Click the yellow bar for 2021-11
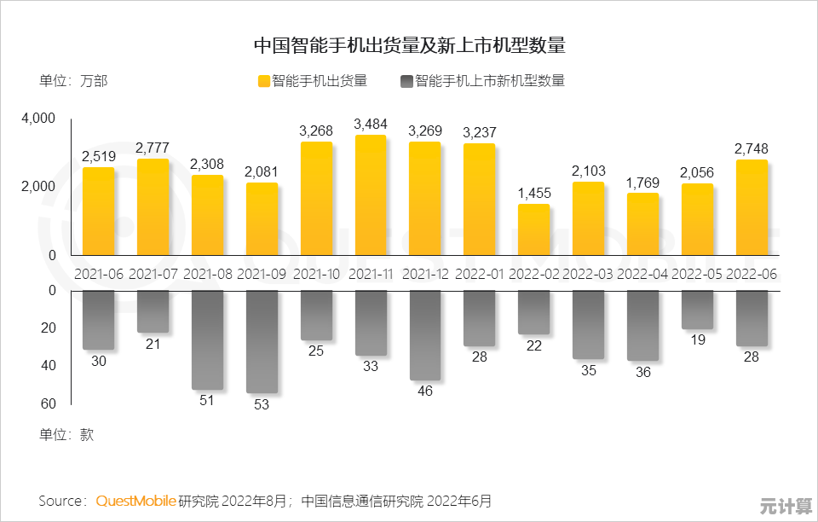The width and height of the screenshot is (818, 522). [370, 195]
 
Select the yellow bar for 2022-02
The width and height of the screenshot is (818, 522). [533, 229]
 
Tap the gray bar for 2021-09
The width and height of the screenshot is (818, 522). [262, 341]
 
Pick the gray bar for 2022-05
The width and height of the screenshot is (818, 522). [697, 310]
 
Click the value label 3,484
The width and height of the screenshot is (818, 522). [370, 125]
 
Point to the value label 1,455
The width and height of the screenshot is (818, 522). [534, 194]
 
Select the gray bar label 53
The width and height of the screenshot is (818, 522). [262, 404]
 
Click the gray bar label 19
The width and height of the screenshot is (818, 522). [697, 340]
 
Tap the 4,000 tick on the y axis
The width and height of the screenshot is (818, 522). [38, 119]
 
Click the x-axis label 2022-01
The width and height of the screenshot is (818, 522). [479, 274]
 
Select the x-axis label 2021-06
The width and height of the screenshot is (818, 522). [98, 274]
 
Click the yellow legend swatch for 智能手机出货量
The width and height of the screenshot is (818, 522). [263, 82]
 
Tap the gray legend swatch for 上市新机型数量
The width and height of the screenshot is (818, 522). [406, 82]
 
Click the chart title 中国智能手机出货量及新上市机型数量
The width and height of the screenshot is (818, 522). [409, 45]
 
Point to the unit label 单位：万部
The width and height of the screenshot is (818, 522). [73, 82]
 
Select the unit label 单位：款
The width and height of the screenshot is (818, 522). [66, 434]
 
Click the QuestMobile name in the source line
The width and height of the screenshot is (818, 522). [135, 501]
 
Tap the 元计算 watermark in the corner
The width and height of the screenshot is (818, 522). [786, 506]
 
